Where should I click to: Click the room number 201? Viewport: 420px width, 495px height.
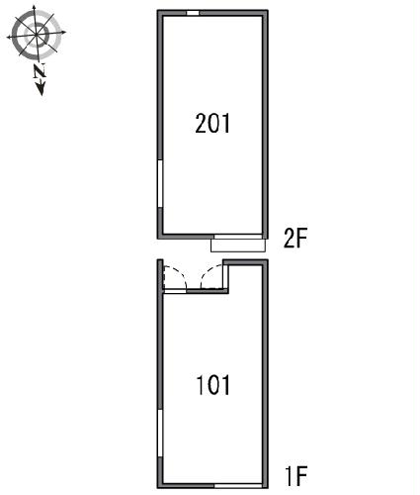[x=212, y=123]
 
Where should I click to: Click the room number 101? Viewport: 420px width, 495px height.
[x=213, y=385]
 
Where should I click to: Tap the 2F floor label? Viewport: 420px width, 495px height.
[x=295, y=238]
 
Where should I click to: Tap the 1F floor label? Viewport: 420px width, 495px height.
[x=296, y=475]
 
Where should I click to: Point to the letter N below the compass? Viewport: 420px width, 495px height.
[x=40, y=71]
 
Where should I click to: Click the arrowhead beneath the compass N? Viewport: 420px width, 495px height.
[x=41, y=88]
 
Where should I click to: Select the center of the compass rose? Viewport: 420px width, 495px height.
[x=36, y=34]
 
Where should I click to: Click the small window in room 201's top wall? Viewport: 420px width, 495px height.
[x=193, y=13]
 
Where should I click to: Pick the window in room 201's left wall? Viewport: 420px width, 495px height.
[x=160, y=184]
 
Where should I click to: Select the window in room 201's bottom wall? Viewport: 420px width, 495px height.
[x=238, y=237]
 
